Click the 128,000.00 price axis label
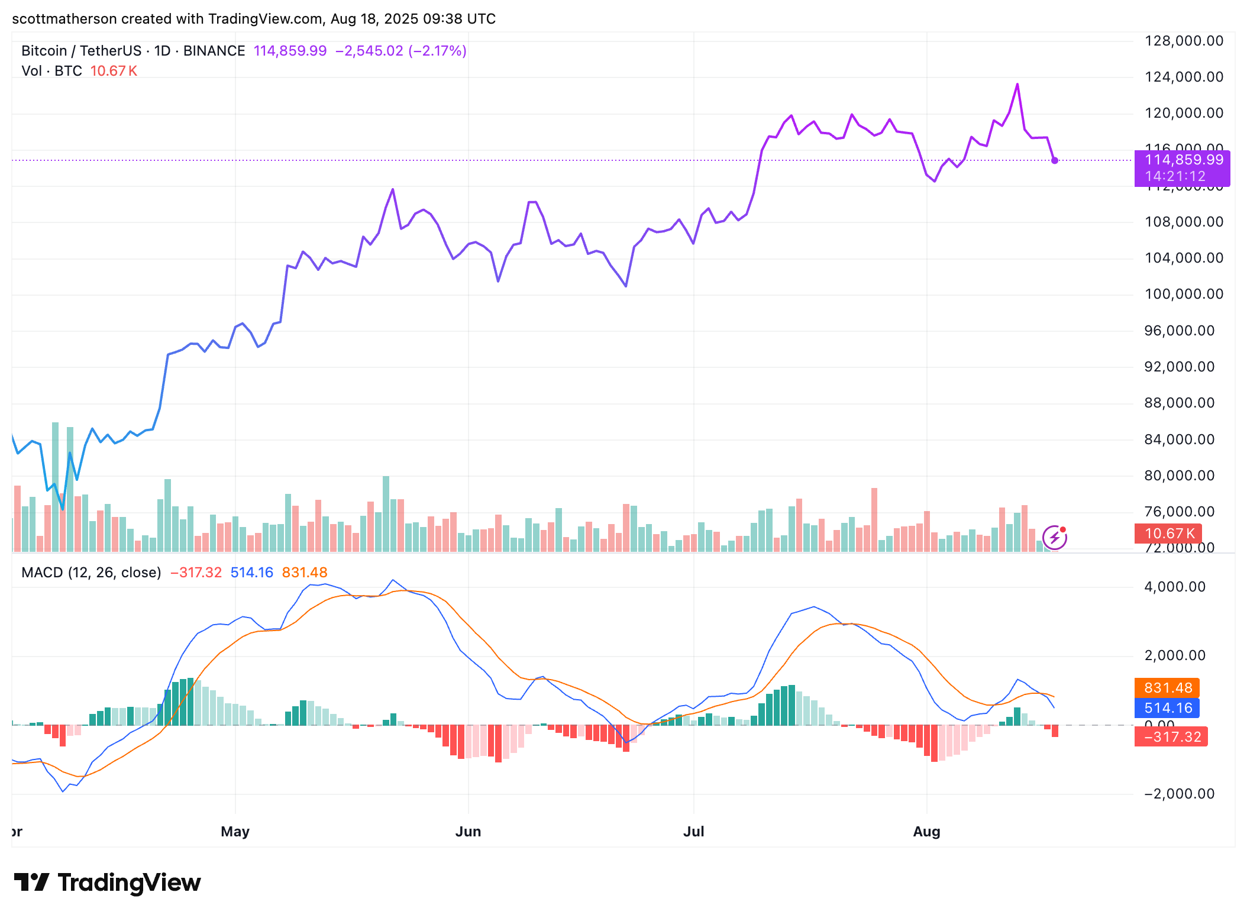coord(1184,41)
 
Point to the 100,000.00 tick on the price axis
coord(1184,294)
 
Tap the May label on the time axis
coord(235,831)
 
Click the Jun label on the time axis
coord(468,831)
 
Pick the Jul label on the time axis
coord(693,831)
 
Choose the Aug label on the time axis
coord(926,831)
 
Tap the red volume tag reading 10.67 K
coord(1168,534)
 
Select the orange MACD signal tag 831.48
coord(1167,688)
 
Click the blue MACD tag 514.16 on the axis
coord(1167,708)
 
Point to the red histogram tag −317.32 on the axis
coord(1171,737)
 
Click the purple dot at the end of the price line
coord(1055,160)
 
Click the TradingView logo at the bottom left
coord(107,883)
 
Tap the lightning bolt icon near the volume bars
coord(1054,538)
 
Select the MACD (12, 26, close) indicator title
coord(91,573)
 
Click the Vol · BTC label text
coord(51,71)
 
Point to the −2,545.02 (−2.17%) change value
coord(400,51)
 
